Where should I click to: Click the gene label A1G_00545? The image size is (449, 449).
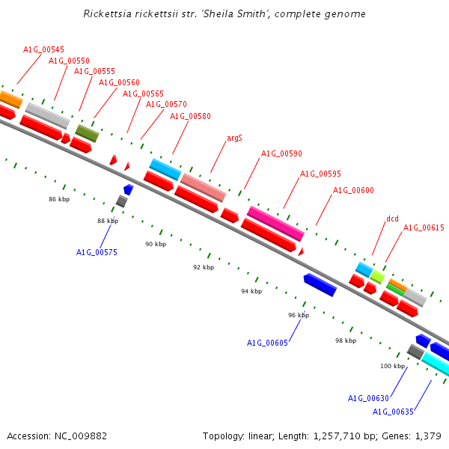pos(43,49)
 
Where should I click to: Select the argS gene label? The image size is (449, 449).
pos(234,138)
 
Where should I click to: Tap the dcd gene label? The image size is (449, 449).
pos(392,219)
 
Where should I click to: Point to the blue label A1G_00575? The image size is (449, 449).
pos(97,252)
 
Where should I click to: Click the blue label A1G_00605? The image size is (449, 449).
pos(267,343)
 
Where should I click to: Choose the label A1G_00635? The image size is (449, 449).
pos(393,412)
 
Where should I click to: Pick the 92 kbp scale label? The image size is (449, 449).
pos(204,267)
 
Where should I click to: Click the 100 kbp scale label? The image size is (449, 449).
pos(392,366)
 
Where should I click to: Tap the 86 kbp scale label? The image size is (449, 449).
pos(59,199)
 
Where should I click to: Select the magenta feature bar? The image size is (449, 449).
pos(275,223)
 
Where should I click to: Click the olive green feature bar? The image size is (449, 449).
pos(87,133)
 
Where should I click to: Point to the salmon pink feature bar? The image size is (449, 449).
pos(204,188)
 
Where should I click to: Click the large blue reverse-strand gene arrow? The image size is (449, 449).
pos(320,285)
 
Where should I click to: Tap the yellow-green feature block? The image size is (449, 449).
pos(377,277)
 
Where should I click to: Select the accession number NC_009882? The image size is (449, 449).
pos(81,436)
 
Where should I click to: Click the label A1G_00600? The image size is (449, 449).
pos(353,190)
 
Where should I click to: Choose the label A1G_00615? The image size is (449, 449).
pos(424,227)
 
